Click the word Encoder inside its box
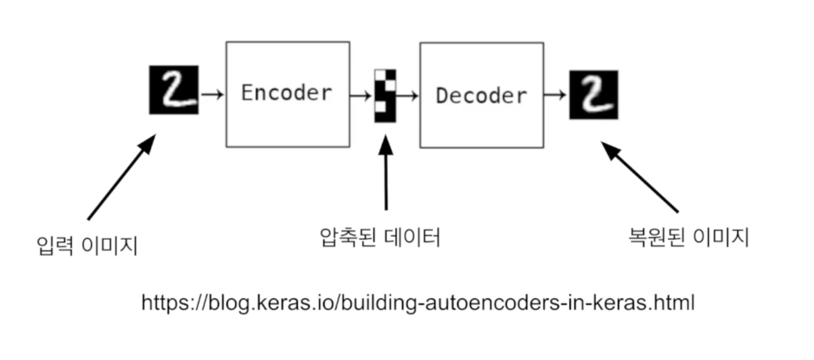(287, 93)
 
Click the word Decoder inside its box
(481, 96)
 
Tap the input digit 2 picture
(173, 90)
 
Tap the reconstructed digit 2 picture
(593, 94)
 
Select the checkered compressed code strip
(385, 96)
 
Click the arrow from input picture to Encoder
(212, 94)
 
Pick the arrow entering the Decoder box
(408, 95)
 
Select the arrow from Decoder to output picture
(556, 95)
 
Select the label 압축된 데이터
(380, 237)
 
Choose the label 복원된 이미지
(688, 237)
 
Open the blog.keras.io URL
(417, 303)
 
